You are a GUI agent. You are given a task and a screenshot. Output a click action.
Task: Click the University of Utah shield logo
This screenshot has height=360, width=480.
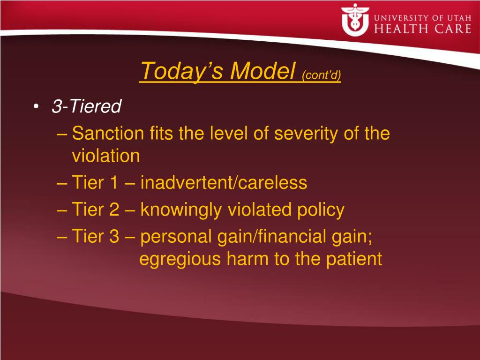click(x=355, y=20)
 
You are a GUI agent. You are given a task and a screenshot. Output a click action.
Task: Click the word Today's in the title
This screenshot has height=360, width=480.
click(x=182, y=71)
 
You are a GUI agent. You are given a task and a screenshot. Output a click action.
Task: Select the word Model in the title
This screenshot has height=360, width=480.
click(x=262, y=71)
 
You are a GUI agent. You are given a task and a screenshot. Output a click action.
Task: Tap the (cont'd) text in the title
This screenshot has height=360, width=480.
click(x=322, y=75)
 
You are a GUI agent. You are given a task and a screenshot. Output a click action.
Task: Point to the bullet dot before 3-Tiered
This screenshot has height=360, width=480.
click(x=36, y=106)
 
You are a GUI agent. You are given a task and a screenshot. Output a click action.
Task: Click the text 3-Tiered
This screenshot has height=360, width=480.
click(x=87, y=106)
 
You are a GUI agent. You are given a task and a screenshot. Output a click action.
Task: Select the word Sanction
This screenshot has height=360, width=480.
click(x=108, y=134)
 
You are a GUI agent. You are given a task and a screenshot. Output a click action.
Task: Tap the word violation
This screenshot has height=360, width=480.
click(x=106, y=156)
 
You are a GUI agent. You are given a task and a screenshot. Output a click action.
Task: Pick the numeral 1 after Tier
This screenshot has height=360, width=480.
click(x=113, y=182)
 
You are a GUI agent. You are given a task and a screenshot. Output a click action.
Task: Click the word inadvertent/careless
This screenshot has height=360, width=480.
click(x=224, y=182)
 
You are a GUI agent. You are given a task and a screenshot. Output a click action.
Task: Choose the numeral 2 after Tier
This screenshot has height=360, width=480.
click(x=114, y=210)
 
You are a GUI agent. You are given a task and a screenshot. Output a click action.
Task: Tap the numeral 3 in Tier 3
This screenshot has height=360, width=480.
click(x=114, y=237)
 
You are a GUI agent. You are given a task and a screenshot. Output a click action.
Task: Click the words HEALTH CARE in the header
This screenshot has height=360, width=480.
click(x=422, y=29)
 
